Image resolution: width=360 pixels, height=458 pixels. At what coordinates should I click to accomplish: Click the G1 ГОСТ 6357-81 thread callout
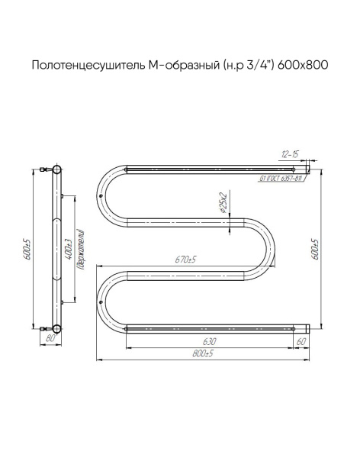pyautogui.click(x=281, y=179)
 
